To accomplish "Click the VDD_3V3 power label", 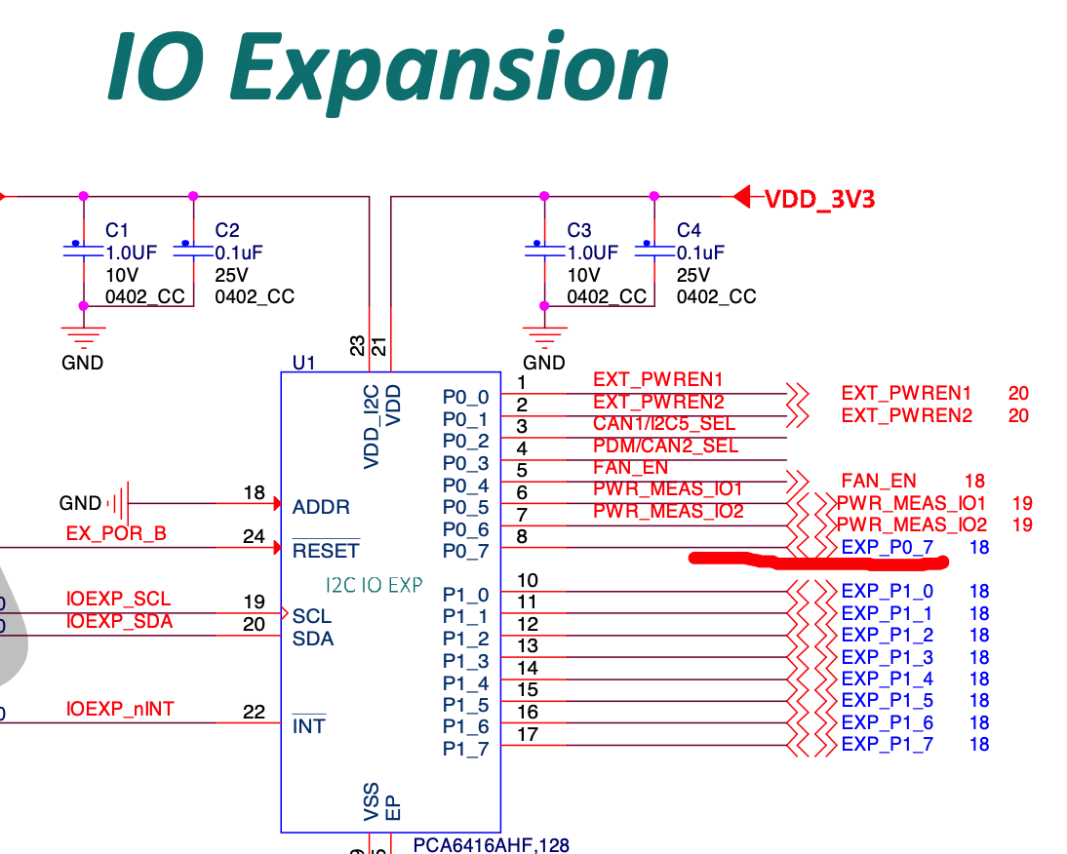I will point(819,200).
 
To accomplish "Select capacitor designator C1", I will point(117,230).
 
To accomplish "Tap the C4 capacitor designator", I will point(689,230).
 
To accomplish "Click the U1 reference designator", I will point(304,363).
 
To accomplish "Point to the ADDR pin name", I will point(320,507).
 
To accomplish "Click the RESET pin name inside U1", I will point(326,551).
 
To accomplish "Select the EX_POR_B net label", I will point(116,534).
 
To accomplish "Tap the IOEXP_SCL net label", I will point(118,600).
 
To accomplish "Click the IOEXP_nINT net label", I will point(120,709).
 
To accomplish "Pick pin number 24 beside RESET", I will point(254,536).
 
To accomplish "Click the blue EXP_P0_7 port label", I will point(888,548).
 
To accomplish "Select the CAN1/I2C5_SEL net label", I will point(664,424).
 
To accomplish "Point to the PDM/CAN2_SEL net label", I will point(665,446).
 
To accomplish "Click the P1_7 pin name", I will point(465,749).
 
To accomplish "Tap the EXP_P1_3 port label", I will point(887,657).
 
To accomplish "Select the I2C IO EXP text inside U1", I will point(374,585).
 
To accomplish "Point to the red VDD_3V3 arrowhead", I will point(742,198).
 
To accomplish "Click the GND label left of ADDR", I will point(80,504).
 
